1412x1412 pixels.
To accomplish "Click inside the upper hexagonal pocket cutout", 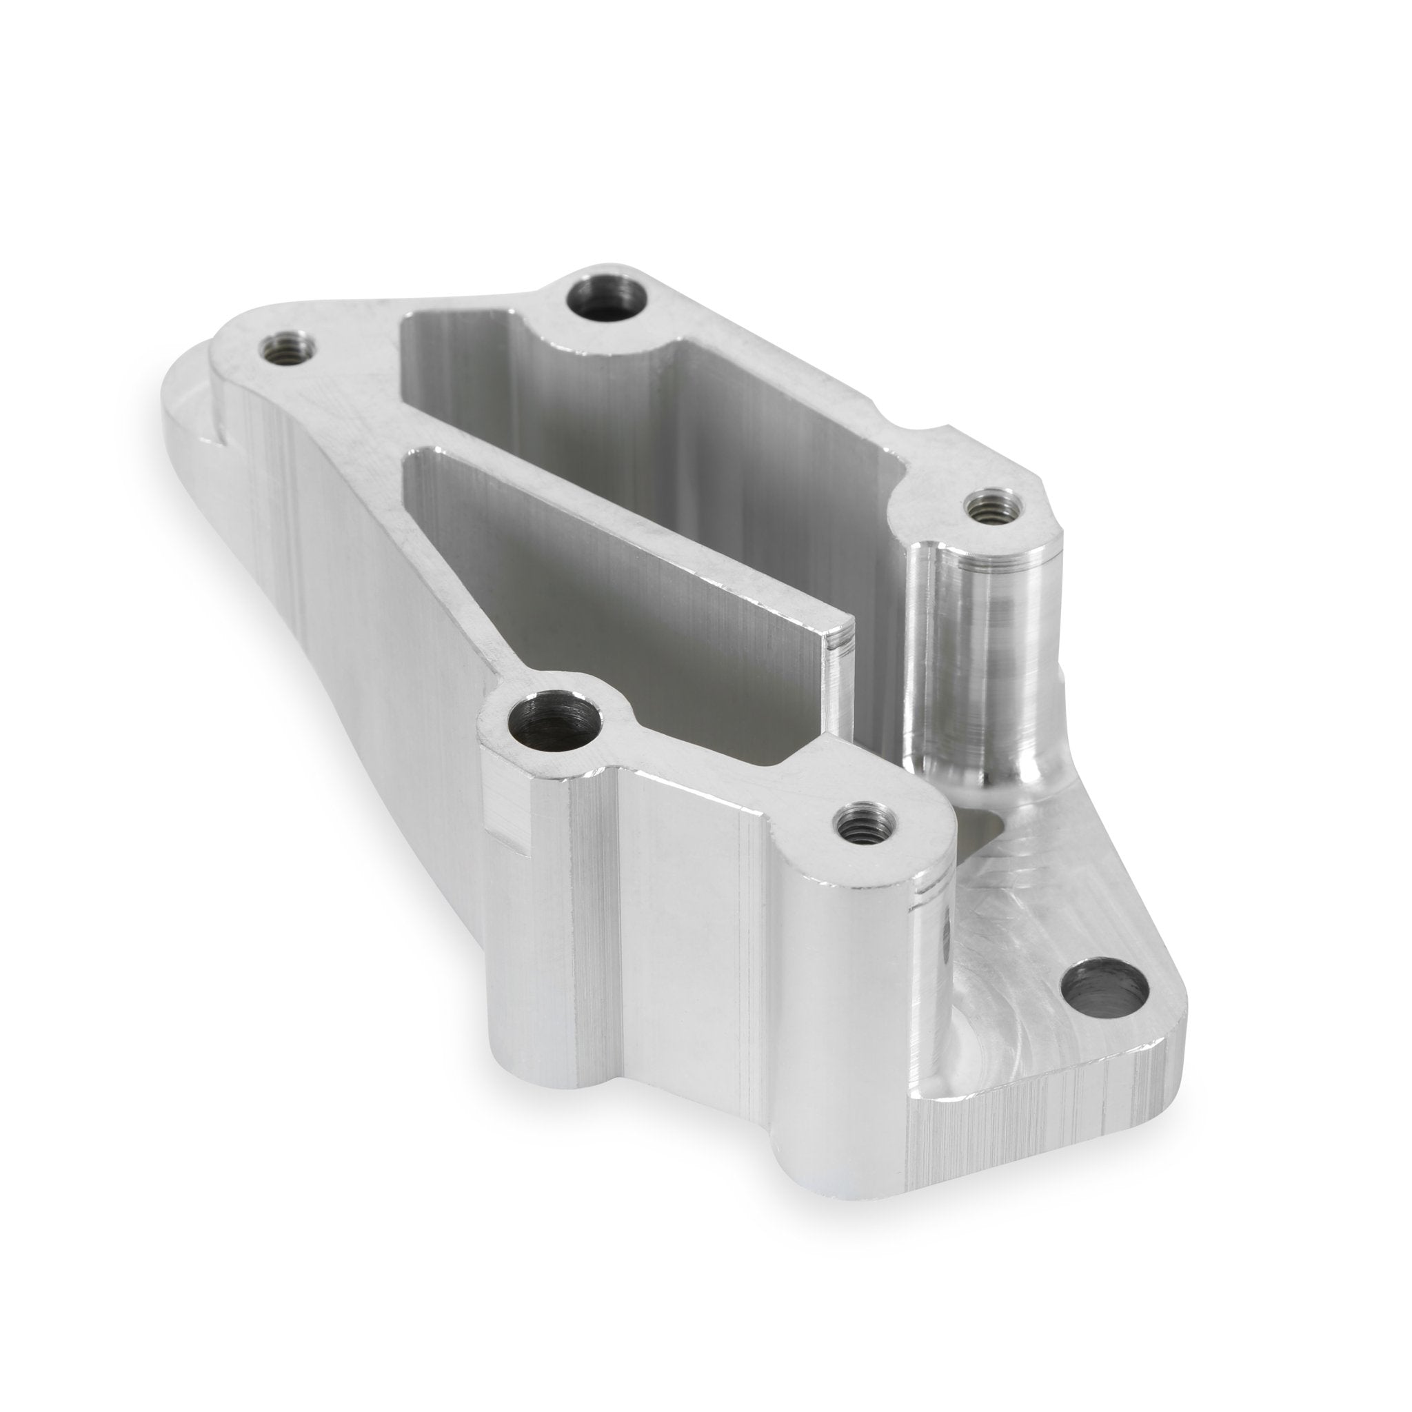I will click(x=658, y=438).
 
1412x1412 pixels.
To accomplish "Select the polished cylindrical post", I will click(x=979, y=658).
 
